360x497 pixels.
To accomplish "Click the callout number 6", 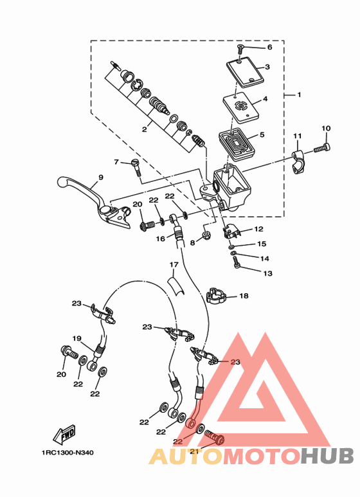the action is click(270, 47).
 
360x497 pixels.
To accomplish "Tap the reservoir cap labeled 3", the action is click(245, 73).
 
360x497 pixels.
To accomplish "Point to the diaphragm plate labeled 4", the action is click(241, 107).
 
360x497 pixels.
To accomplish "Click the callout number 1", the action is click(299, 95).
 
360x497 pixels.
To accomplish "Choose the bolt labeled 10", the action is click(322, 148).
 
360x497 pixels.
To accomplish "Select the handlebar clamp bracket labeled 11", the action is click(298, 162).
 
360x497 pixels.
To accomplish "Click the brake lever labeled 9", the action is click(95, 201).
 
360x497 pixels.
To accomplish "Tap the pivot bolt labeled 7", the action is click(136, 167).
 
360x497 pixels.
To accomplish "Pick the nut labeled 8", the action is click(206, 235).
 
